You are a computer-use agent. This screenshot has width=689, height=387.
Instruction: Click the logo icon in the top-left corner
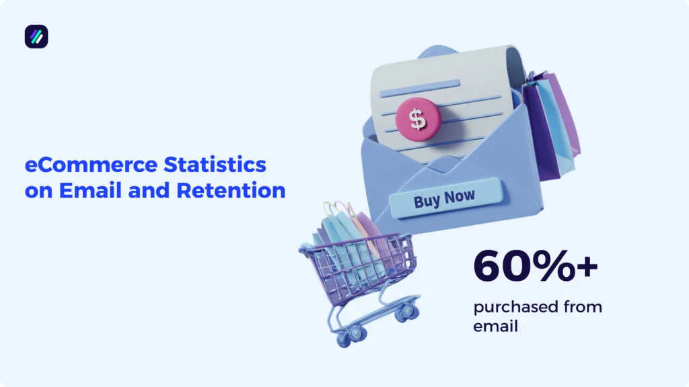tap(36, 36)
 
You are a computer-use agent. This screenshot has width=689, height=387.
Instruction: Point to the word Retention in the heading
tap(231, 190)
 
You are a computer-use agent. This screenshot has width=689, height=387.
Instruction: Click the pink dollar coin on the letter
tap(419, 120)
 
